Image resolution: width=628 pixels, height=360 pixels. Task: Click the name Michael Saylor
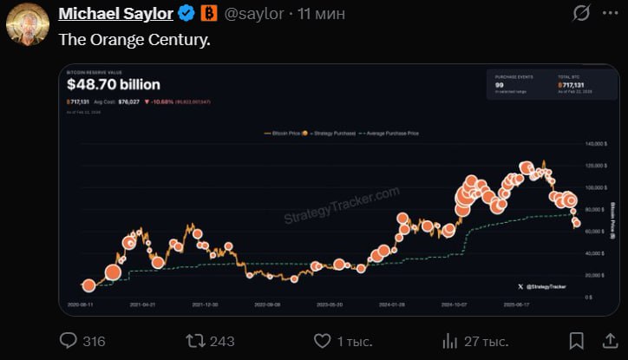pos(114,14)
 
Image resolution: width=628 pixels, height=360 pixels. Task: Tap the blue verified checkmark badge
pos(186,14)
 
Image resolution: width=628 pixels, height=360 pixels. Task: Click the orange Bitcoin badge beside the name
pos(209,14)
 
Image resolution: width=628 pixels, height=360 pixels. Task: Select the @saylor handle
pos(255,14)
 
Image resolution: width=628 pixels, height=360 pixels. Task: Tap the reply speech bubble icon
pos(69,340)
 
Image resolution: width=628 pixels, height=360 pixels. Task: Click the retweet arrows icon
pos(196,340)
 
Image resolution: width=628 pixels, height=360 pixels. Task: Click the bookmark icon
pos(576,340)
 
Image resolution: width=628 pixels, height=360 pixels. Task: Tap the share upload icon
pos(606,340)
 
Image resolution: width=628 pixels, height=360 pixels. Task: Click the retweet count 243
pos(222,341)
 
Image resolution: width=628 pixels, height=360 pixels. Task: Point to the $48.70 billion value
pos(114,84)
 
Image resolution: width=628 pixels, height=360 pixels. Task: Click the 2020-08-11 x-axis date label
pos(81,305)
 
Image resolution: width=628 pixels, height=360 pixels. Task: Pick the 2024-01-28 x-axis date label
pos(392,305)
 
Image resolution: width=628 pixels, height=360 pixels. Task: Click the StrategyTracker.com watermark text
pos(342,206)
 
